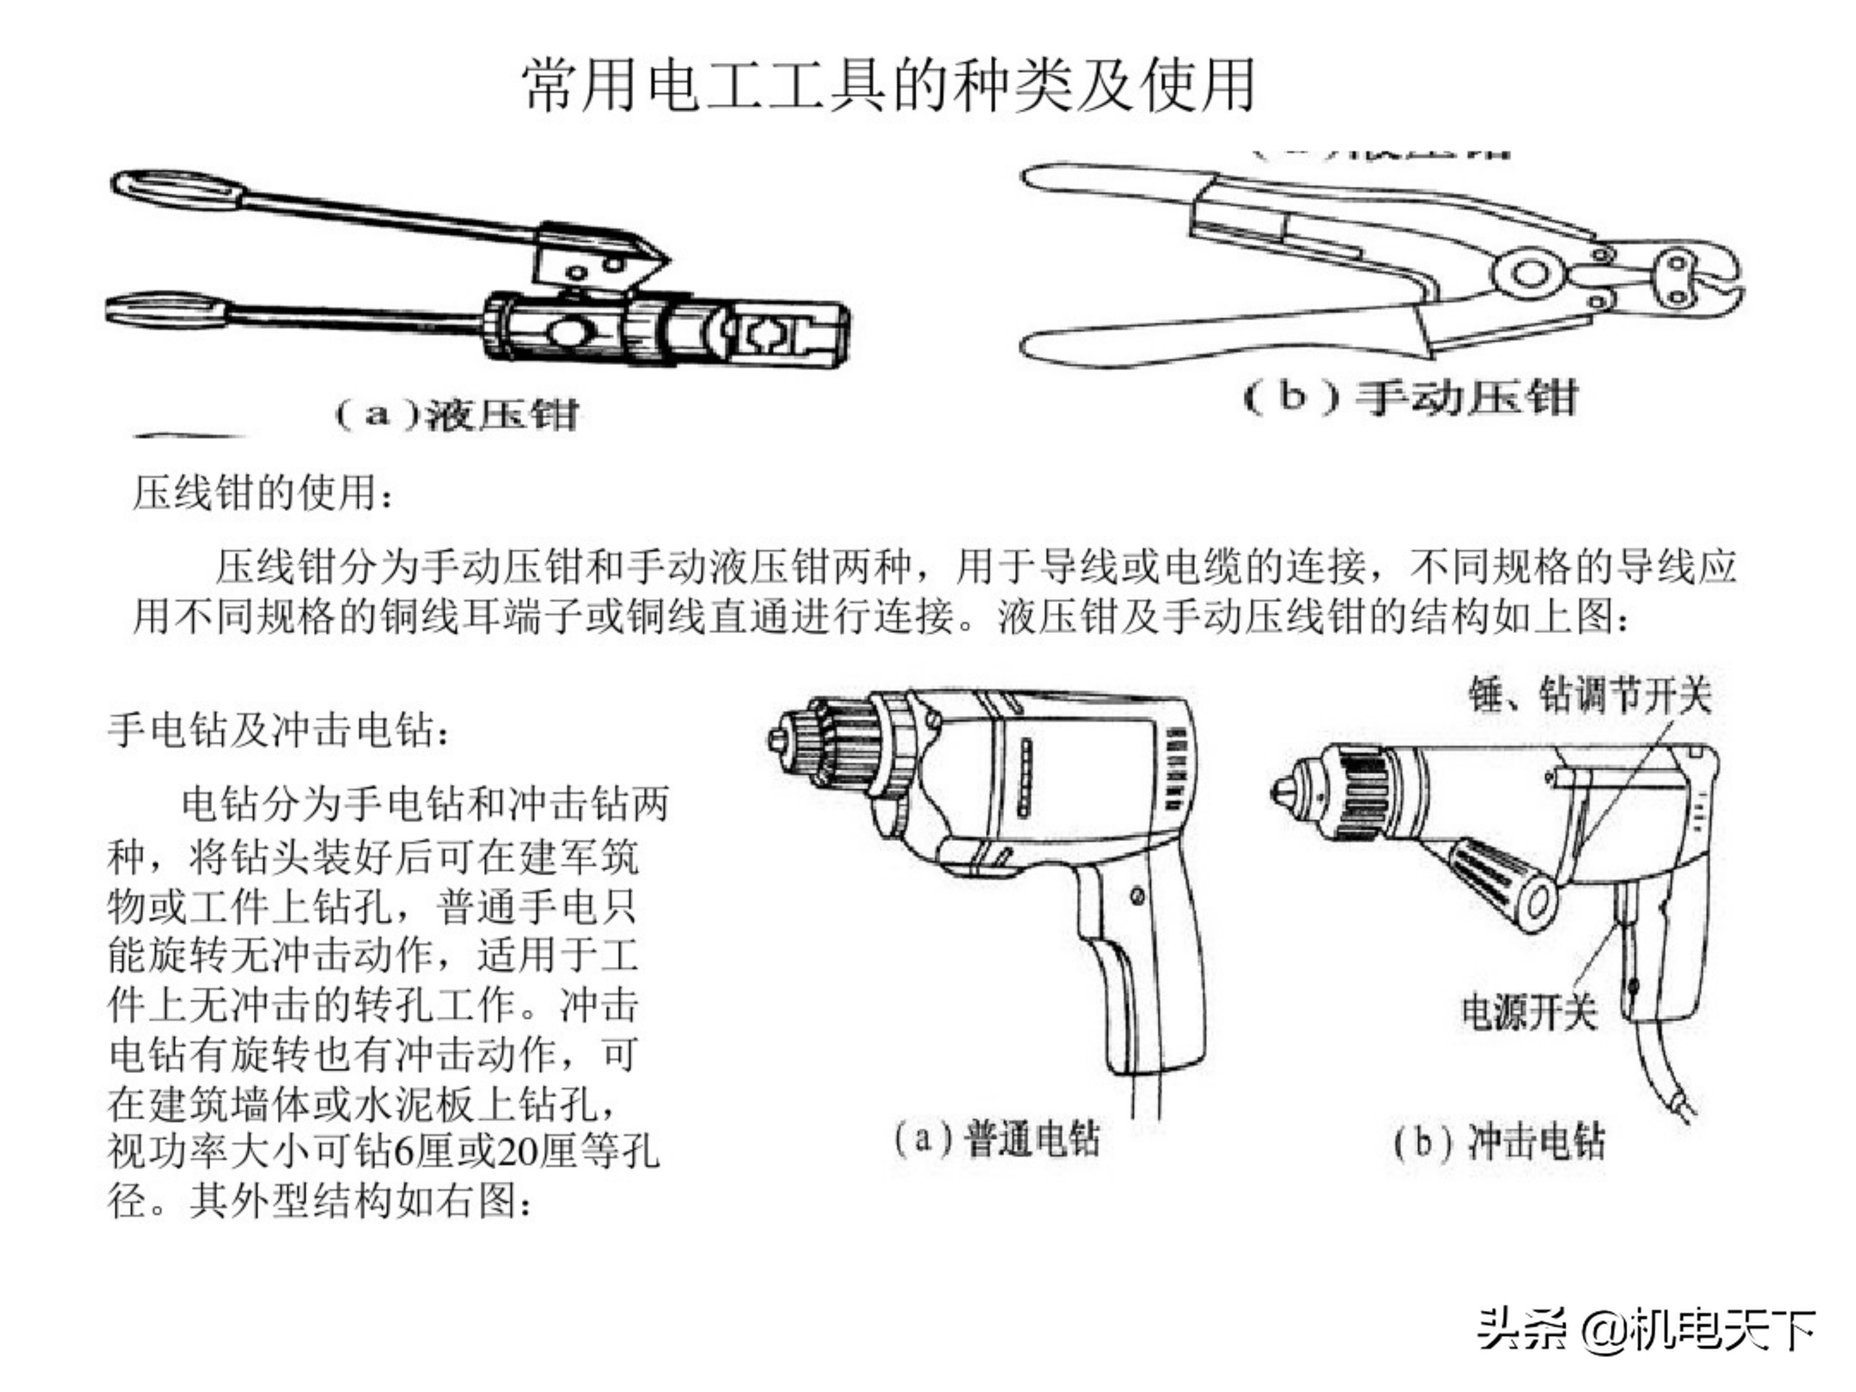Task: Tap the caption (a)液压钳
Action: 458,414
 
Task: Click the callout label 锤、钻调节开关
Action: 1589,695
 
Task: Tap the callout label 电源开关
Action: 1529,1012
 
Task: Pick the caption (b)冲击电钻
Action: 1500,1141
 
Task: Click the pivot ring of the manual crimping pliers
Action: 1530,273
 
